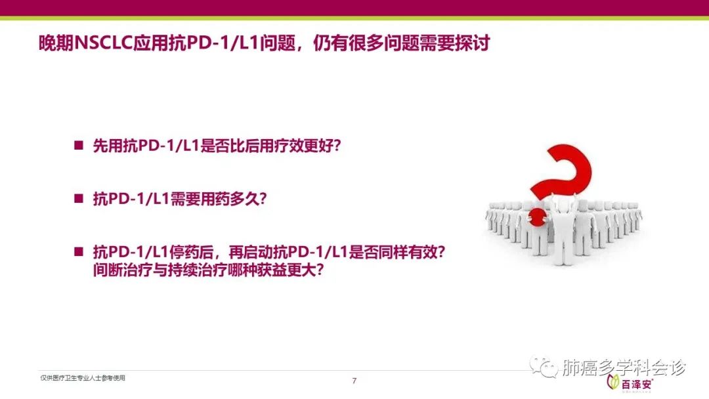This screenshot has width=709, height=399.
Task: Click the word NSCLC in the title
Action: (x=103, y=43)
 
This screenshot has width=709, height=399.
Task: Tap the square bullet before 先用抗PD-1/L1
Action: (x=79, y=146)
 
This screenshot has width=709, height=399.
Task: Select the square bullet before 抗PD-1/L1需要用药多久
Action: (x=79, y=198)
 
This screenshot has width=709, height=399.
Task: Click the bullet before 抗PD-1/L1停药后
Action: (x=79, y=252)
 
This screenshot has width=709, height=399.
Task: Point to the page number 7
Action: (x=354, y=381)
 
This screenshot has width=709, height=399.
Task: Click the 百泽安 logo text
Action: (x=637, y=385)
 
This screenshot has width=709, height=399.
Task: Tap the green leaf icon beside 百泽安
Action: (x=613, y=382)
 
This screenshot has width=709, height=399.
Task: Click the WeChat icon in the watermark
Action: (x=544, y=366)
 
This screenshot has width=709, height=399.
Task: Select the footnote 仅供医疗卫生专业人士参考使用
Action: (x=83, y=378)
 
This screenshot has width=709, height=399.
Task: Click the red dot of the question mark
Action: (x=537, y=217)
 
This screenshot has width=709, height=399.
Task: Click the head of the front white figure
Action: (x=563, y=205)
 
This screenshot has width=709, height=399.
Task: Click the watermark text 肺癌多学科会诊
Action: (x=624, y=367)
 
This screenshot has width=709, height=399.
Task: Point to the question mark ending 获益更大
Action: (x=319, y=270)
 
